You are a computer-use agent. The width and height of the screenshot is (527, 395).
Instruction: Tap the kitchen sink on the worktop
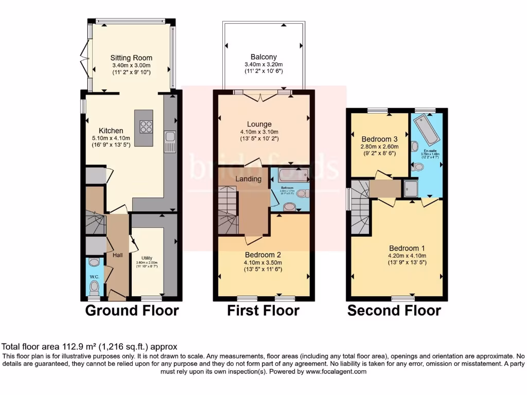coord(170,142)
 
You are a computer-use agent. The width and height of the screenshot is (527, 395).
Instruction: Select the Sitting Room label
coord(132,58)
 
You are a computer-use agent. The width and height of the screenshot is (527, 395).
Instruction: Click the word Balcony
coord(263,57)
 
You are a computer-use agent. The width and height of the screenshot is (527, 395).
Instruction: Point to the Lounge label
coord(259,124)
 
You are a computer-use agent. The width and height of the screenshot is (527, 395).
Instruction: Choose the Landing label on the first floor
coord(249,178)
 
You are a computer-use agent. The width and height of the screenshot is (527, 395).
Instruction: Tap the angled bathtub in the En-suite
coord(426,131)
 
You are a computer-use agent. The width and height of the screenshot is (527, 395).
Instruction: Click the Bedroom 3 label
coord(380,139)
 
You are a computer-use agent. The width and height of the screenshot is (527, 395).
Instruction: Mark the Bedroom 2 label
coord(262,254)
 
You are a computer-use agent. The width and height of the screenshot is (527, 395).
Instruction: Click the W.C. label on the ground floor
coord(94,276)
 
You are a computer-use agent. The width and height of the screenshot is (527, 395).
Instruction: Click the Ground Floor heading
coord(132,311)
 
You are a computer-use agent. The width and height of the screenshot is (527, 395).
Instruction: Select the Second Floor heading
coord(394,311)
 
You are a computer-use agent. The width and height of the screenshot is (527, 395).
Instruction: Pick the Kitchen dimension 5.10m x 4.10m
coord(111,138)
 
